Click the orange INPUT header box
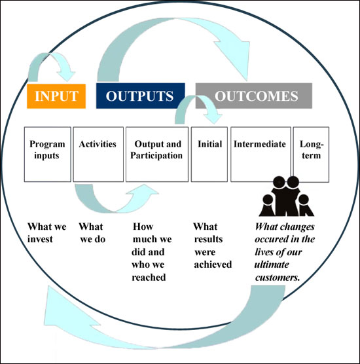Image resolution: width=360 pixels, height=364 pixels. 56,96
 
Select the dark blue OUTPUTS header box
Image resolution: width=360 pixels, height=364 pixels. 141,96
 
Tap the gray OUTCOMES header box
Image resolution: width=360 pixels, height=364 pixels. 254,96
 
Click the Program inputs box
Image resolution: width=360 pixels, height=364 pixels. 48,154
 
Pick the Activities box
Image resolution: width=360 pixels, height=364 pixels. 98,154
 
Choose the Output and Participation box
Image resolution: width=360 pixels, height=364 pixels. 157,154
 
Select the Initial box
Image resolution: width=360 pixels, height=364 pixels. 209,154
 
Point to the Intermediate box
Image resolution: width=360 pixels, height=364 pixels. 261,154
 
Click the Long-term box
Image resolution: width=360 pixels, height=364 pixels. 311,154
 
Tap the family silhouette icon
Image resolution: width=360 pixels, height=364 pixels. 287,196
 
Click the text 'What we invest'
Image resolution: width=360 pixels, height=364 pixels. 47,233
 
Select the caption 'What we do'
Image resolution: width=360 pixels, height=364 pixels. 92,233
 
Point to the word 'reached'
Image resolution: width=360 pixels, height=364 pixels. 149,278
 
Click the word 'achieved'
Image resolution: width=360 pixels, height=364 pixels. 213,264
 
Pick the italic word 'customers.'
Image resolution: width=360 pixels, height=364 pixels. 278,278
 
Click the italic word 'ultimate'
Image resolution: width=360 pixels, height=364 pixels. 272,264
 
